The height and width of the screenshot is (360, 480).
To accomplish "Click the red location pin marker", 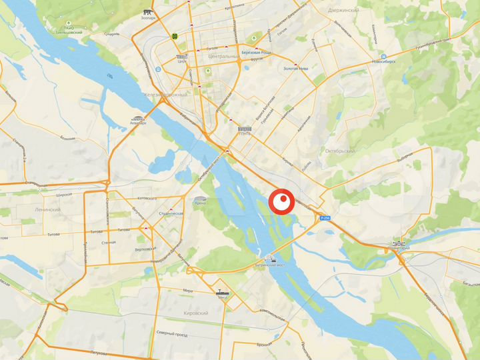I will click(x=282, y=201).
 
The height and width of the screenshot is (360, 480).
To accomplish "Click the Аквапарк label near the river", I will click(x=137, y=123).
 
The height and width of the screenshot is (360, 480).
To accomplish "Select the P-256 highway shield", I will click(x=325, y=218).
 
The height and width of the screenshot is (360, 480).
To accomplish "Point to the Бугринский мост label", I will click(x=271, y=265).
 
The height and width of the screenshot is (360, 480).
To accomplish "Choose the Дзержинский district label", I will click(x=344, y=11).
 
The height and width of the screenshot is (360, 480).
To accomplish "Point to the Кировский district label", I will click(x=193, y=313).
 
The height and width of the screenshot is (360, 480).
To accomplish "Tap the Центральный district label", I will click(x=224, y=57).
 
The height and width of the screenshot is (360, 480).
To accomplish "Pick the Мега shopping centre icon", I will click(x=222, y=292).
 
